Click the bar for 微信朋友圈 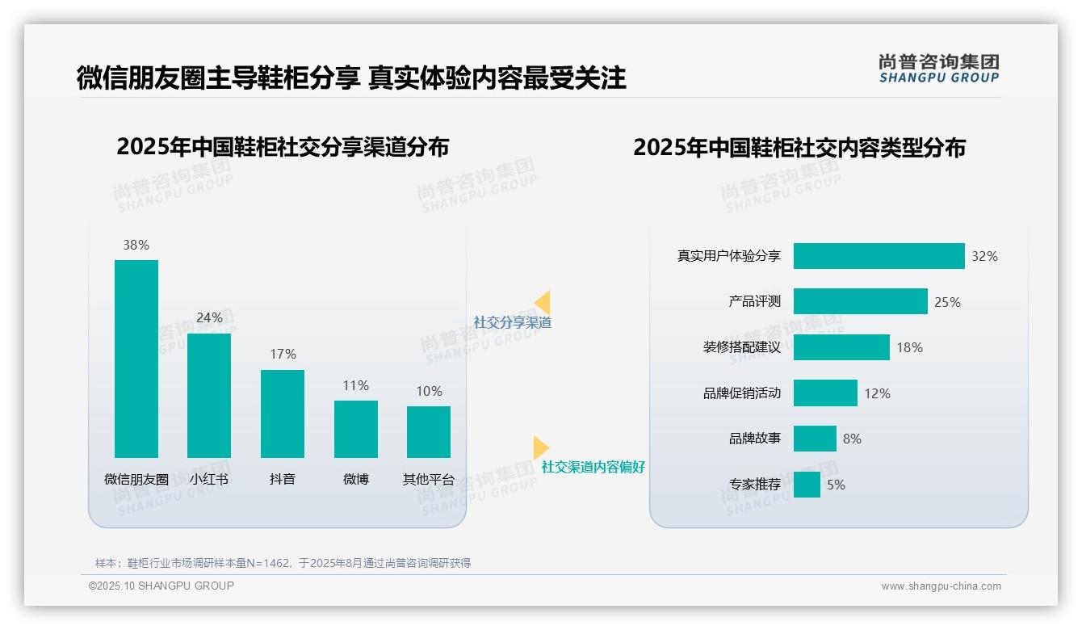click(x=136, y=359)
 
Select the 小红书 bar click(x=209, y=395)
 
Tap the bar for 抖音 click(x=283, y=414)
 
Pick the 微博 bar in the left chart click(x=355, y=429)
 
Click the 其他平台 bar click(x=429, y=431)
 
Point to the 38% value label click(x=136, y=245)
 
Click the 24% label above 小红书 click(x=209, y=317)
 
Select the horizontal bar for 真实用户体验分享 click(x=879, y=256)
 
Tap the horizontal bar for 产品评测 click(x=860, y=301)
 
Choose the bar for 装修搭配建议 click(x=841, y=347)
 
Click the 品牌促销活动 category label click(x=741, y=393)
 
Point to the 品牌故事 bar click(x=815, y=439)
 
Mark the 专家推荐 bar click(x=807, y=485)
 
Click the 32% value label click(x=984, y=256)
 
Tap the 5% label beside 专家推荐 click(x=836, y=485)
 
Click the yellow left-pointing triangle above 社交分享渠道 click(x=543, y=303)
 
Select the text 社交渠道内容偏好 click(x=593, y=467)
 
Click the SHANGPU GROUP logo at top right click(x=938, y=69)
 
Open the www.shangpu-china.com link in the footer click(x=941, y=586)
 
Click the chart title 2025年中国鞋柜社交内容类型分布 click(x=799, y=148)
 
